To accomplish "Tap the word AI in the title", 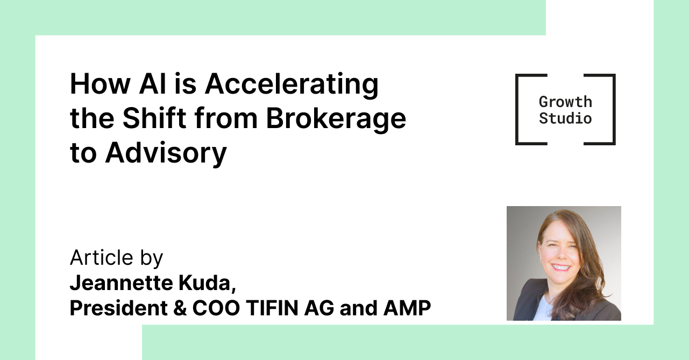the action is pyautogui.click(x=153, y=84).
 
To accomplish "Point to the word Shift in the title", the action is pyautogui.click(x=154, y=118).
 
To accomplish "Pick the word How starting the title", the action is pyautogui.click(x=100, y=84).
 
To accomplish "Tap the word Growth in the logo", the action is pyautogui.click(x=565, y=102).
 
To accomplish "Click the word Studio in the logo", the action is pyautogui.click(x=565, y=118).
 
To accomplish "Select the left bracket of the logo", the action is pyautogui.click(x=517, y=109).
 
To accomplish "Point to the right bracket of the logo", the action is pyautogui.click(x=614, y=109).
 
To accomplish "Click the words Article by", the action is pyautogui.click(x=116, y=258).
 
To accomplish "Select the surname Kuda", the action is pyautogui.click(x=207, y=283).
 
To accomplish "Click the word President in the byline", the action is pyautogui.click(x=119, y=308).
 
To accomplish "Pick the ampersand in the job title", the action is pyautogui.click(x=180, y=308).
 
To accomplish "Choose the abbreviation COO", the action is pyautogui.click(x=216, y=308).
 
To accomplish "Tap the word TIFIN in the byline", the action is pyautogui.click(x=272, y=308).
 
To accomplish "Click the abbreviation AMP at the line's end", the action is pyautogui.click(x=407, y=308).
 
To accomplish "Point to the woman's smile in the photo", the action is pyautogui.click(x=560, y=267).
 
